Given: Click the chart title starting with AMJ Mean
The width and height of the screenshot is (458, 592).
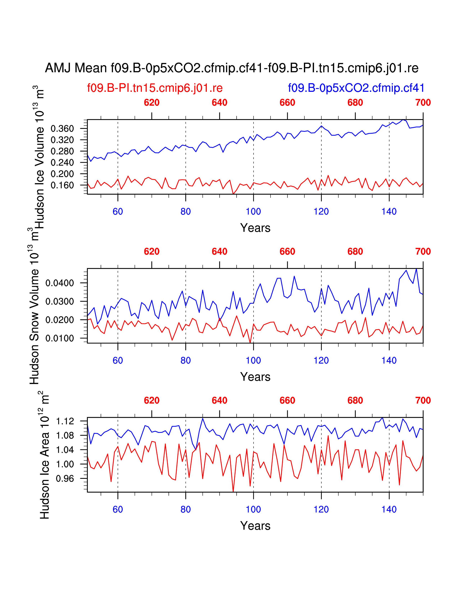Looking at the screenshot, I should click(232, 68).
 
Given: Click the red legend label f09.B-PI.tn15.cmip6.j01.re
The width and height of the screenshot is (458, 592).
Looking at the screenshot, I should click(155, 88).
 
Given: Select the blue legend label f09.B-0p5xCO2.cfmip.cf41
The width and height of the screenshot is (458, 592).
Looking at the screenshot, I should click(356, 88).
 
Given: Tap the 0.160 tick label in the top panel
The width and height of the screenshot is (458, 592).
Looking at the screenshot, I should click(62, 185).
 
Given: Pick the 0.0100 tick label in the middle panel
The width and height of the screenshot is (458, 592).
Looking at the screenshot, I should click(60, 338).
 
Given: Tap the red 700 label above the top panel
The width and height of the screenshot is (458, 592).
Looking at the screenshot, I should click(423, 103).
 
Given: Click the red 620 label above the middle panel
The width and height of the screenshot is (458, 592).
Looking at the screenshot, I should click(152, 252).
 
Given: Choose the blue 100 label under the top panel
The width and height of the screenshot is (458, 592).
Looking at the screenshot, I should click(253, 212).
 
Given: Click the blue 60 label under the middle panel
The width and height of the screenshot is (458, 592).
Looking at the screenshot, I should click(118, 361).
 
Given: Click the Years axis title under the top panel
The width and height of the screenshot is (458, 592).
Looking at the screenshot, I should click(255, 228).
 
